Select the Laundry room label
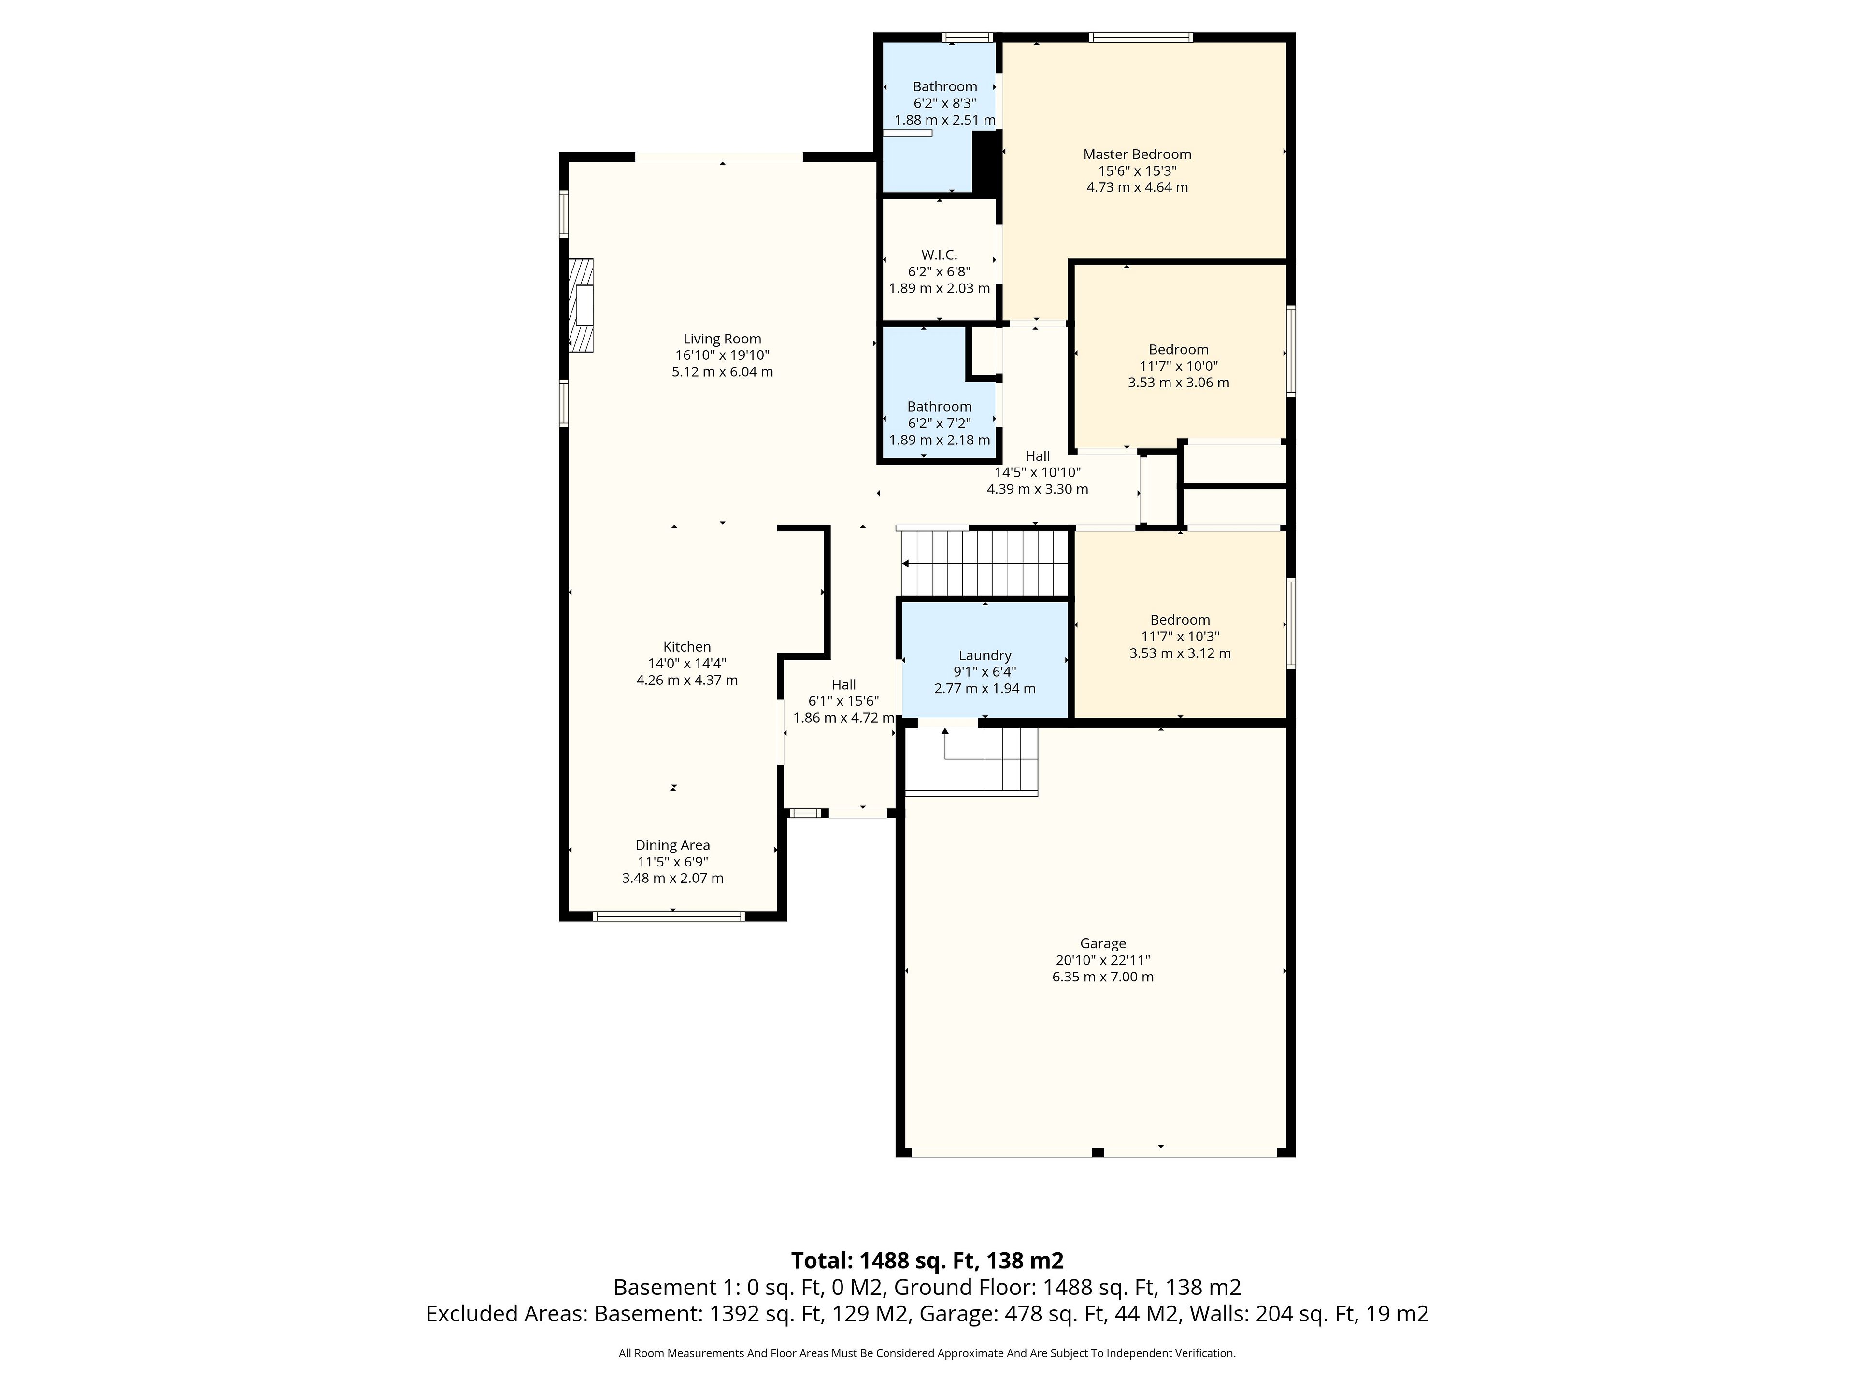pyautogui.click(x=985, y=656)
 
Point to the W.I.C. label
pyautogui.click(x=939, y=255)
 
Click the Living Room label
pyautogui.click(x=722, y=339)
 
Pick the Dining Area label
pyautogui.click(x=672, y=845)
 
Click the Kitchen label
pyautogui.click(x=687, y=646)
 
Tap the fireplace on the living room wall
pyautogui.click(x=581, y=305)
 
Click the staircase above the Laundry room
pyautogui.click(x=985, y=564)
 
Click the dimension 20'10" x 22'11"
pyautogui.click(x=1103, y=960)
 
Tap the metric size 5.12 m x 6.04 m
pyautogui.click(x=722, y=371)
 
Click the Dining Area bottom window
pyautogui.click(x=669, y=916)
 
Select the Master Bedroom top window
pyautogui.click(x=1141, y=37)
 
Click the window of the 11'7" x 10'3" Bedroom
pyautogui.click(x=1291, y=623)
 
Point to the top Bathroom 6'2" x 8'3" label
pyautogui.click(x=944, y=86)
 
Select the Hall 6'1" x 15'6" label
pyautogui.click(x=843, y=684)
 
